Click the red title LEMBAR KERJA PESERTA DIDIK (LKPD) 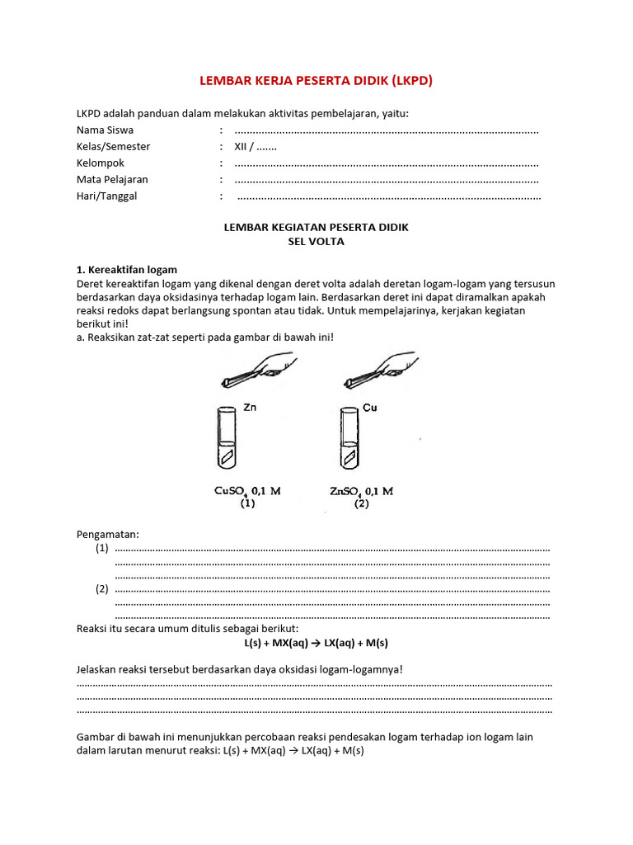(316, 81)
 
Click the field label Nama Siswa (105, 130)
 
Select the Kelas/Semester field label (114, 147)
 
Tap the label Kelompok (101, 163)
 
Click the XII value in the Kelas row (241, 147)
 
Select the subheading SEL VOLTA (316, 242)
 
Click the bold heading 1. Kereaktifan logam (126, 270)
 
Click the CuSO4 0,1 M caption (247, 491)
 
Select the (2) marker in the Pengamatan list (101, 589)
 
